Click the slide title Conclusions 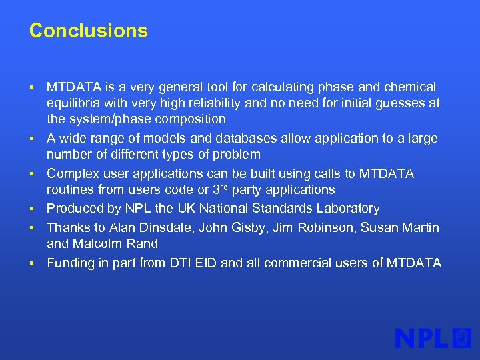(x=88, y=31)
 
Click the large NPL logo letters (x=422, y=338)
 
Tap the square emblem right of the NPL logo (x=462, y=338)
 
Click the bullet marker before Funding (x=32, y=264)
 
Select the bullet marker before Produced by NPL (x=32, y=209)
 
